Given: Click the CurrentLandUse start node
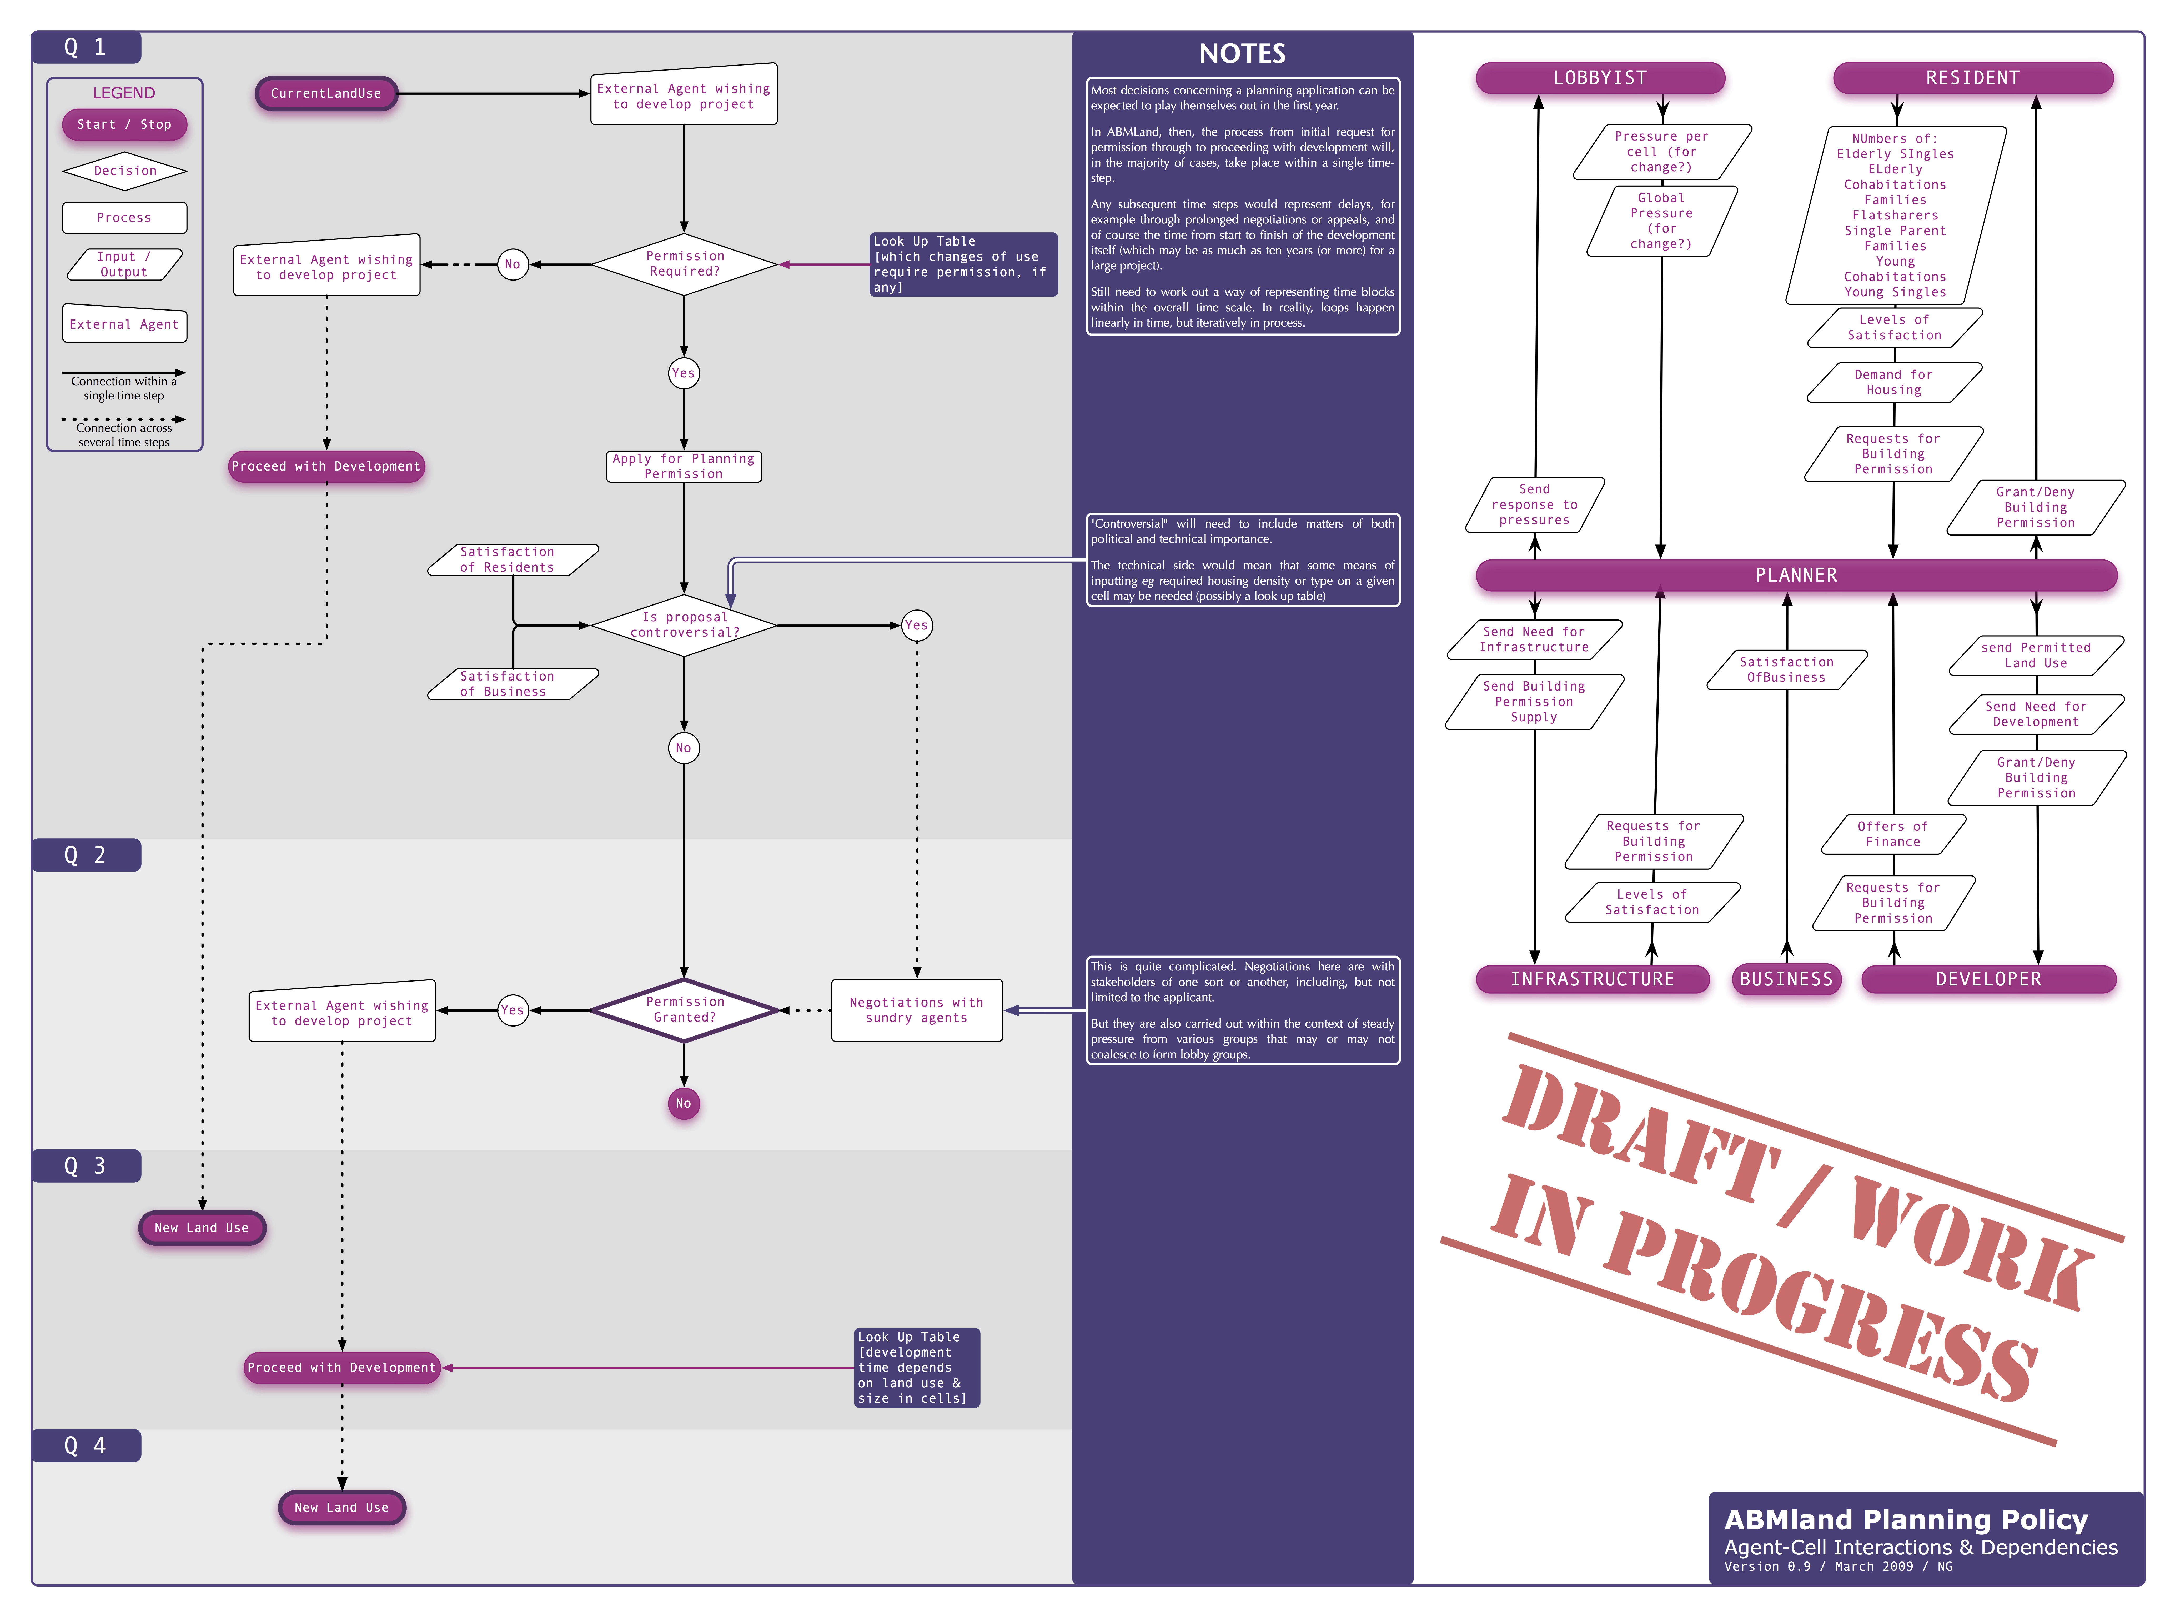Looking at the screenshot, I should [x=326, y=94].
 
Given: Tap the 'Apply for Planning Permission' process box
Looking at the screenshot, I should [x=684, y=467].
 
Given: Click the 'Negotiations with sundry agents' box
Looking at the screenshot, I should [x=916, y=1010].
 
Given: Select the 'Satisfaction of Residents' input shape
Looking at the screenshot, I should [x=511, y=559].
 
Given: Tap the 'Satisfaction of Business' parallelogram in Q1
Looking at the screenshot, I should [x=511, y=684].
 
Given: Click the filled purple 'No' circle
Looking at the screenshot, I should [x=684, y=1103].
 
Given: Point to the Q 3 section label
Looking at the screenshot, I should [x=86, y=1166].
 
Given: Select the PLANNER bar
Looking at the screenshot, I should [x=1796, y=575].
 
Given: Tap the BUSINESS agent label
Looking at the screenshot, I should [x=1786, y=979].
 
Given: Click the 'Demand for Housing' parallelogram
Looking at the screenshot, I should [x=1893, y=382].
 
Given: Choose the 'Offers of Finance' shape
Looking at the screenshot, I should [x=1893, y=834].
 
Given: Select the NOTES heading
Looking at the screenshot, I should [x=1242, y=54].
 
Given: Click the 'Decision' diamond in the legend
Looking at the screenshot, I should [x=124, y=171].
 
